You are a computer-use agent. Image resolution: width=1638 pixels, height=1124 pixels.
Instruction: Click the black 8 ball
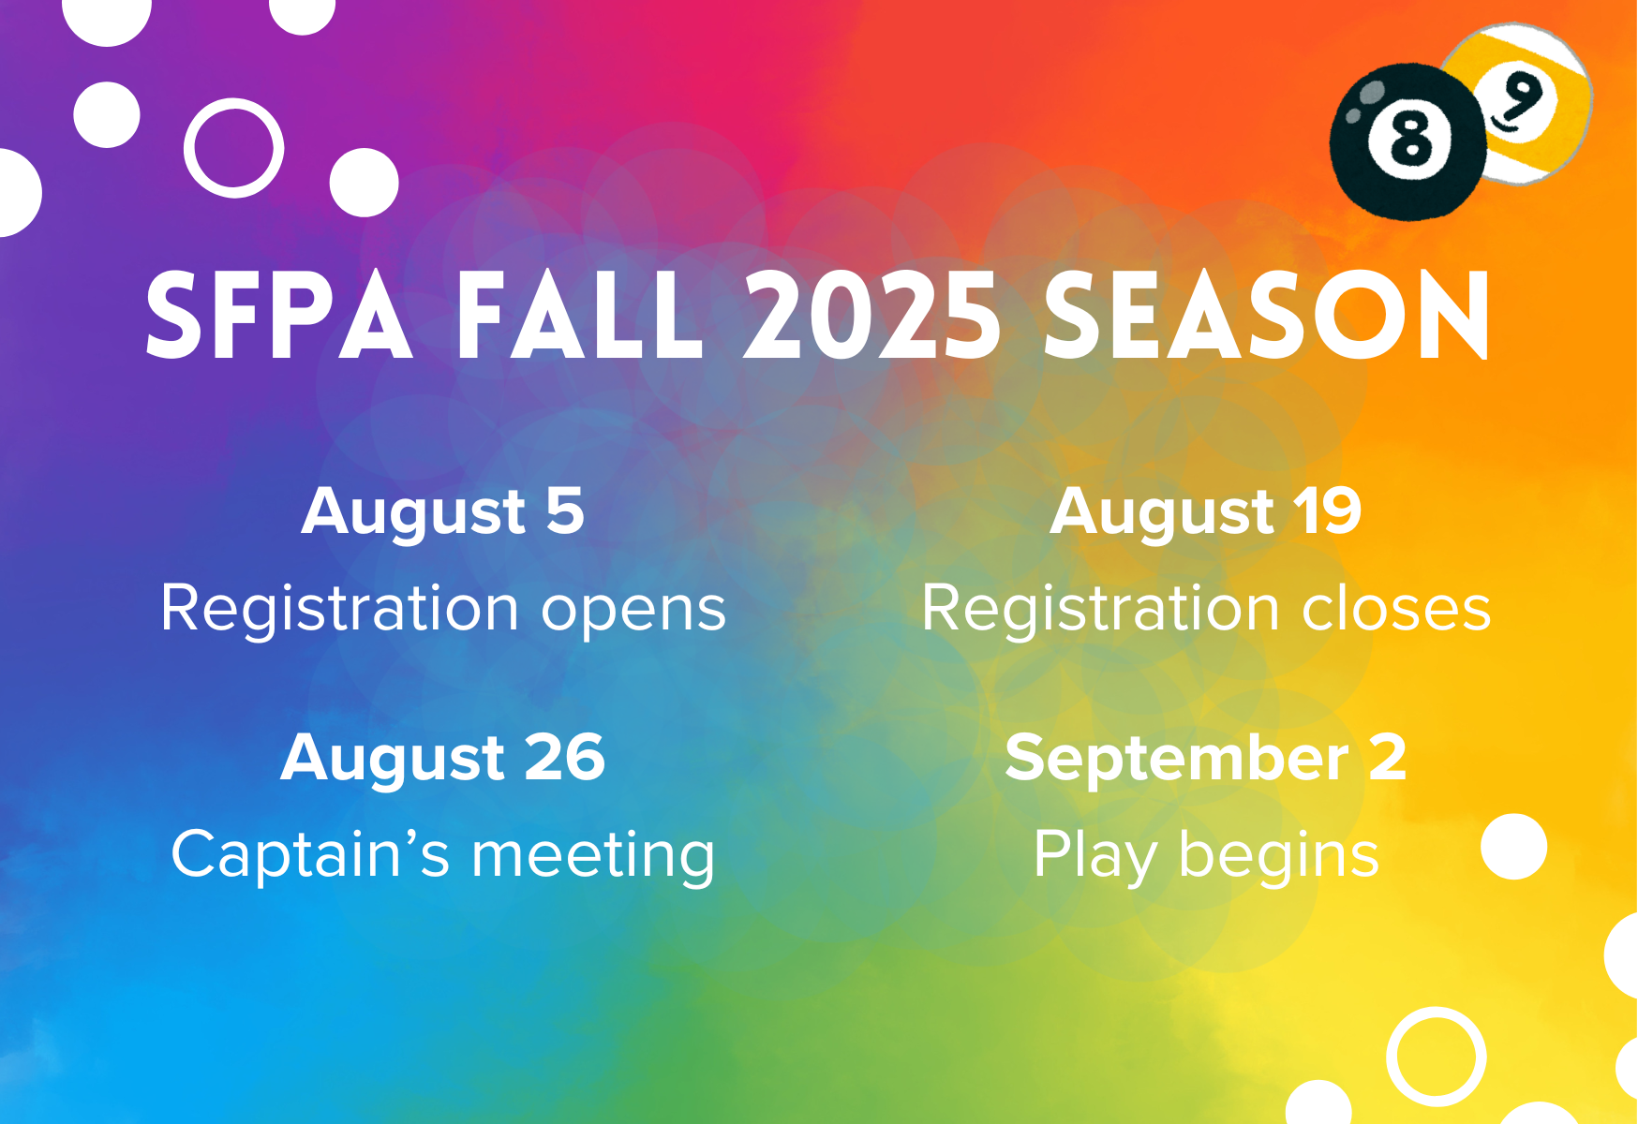tap(1408, 142)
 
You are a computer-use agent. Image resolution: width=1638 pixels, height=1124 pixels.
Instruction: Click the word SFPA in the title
tap(279, 316)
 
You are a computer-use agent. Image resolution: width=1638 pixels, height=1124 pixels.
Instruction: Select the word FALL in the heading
tap(579, 316)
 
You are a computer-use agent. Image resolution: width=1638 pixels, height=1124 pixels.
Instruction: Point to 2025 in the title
tap(872, 316)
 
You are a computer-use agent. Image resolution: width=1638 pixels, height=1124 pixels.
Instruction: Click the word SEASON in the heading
tap(1266, 316)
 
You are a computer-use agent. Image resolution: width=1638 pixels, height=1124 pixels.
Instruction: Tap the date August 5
tap(443, 513)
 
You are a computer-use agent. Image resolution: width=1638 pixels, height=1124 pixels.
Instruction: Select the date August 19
tap(1206, 513)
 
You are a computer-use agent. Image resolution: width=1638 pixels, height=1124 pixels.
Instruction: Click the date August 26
tap(443, 760)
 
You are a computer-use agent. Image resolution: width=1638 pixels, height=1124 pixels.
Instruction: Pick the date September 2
tap(1206, 760)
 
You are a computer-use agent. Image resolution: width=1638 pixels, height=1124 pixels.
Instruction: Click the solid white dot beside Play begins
tap(1513, 847)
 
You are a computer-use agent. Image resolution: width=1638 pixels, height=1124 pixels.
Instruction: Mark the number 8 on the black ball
tap(1411, 141)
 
